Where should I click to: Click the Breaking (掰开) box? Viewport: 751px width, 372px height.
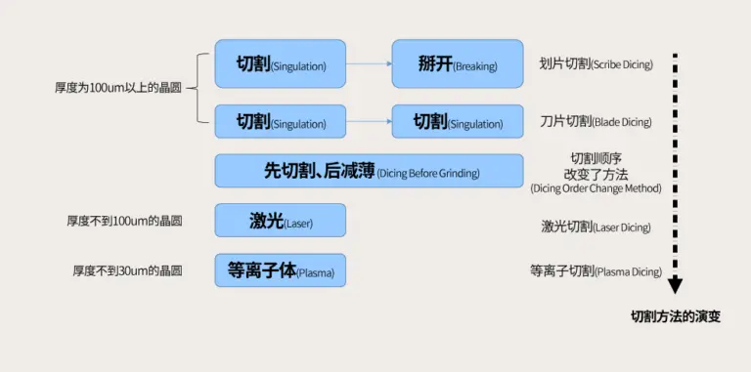[x=458, y=63]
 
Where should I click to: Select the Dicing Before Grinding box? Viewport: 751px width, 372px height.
[x=369, y=171]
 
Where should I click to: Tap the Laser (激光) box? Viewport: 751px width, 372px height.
[x=281, y=221]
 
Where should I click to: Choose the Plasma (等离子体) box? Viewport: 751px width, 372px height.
[x=281, y=270]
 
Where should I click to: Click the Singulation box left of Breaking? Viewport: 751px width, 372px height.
[x=281, y=63]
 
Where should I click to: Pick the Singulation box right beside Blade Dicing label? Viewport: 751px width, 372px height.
[x=458, y=121]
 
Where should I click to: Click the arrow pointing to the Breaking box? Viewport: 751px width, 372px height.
[x=369, y=63]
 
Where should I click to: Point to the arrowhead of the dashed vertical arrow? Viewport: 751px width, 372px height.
[x=676, y=285]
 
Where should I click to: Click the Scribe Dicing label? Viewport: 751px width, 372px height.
[x=596, y=64]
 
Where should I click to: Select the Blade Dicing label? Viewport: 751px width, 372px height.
[x=596, y=122]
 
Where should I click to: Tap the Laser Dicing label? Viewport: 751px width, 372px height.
[x=596, y=227]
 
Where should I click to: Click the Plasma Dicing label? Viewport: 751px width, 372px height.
[x=596, y=271]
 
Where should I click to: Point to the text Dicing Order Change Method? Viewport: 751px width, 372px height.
[x=596, y=188]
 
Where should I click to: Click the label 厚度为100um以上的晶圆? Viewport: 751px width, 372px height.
[x=118, y=89]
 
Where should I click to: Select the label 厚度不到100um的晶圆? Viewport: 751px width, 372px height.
[x=124, y=221]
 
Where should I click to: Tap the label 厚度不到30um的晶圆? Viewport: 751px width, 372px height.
[x=127, y=270]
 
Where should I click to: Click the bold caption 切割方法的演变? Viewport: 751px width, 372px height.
[x=676, y=316]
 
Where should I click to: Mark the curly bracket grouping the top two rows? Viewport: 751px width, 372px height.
[x=198, y=89]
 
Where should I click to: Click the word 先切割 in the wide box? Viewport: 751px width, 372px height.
[x=288, y=171]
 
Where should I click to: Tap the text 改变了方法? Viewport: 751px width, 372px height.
[x=596, y=174]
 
